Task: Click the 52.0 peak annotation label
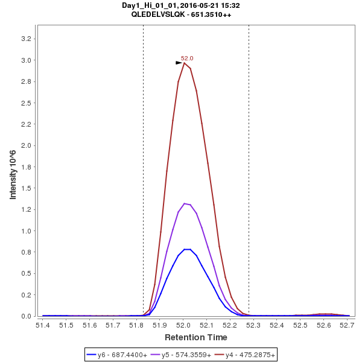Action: coord(187,59)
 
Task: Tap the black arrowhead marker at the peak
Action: coord(179,63)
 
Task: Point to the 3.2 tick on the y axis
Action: coord(27,39)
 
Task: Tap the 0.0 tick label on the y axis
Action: coord(27,316)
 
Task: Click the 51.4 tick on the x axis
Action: coord(43,325)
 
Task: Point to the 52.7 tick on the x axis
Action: coord(346,325)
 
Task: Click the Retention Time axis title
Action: coord(196,337)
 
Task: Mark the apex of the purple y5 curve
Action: coord(185,204)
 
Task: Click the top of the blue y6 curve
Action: coord(187,249)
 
